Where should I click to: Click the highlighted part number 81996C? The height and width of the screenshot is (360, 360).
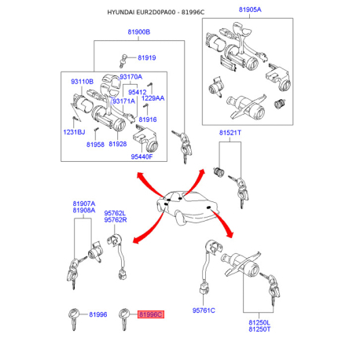151,314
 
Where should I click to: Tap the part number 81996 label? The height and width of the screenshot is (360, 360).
98,314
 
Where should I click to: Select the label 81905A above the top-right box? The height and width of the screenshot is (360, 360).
250,9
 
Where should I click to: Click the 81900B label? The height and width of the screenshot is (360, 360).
139,32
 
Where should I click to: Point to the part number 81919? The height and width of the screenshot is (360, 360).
147,57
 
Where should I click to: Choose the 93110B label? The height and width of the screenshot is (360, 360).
82,82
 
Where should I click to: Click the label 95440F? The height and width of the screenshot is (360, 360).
141,156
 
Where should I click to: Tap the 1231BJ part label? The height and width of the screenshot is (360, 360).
74,132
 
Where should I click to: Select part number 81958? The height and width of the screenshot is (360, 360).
95,145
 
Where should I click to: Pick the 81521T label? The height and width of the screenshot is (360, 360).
230,133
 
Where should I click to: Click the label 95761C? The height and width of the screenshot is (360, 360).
204,310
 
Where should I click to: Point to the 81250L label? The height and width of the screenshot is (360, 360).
259,322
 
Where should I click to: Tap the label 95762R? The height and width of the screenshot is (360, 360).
116,220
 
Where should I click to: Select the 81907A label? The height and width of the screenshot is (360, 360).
84,204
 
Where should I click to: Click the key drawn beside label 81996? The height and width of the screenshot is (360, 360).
73,318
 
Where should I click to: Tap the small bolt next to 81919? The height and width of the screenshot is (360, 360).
123,61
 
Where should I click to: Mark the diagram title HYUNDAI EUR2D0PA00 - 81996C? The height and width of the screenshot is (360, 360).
156,13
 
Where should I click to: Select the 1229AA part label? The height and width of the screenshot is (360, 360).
153,98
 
